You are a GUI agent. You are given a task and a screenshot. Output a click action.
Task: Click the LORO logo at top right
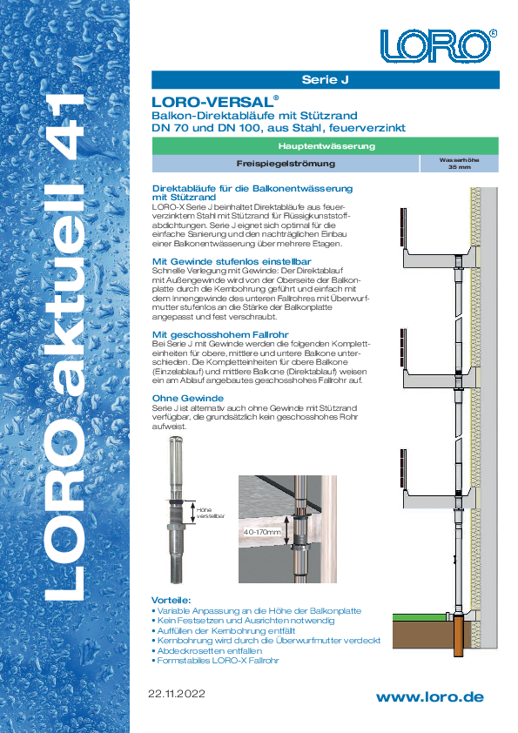point(438,46)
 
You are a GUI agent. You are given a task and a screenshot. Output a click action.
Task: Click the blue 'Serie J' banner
point(326,79)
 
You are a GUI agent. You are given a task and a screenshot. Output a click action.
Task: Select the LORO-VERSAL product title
point(215,102)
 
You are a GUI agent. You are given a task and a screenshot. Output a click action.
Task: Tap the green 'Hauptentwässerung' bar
point(326,146)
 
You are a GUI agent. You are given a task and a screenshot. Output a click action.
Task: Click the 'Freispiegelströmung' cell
point(286,164)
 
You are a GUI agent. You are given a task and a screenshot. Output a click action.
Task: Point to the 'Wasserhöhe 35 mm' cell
point(459,164)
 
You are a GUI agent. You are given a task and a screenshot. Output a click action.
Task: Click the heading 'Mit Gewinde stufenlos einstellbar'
point(232,261)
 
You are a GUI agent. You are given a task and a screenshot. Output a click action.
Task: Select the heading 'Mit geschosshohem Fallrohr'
point(220,334)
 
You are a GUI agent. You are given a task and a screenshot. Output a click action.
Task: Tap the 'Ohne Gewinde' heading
point(188,399)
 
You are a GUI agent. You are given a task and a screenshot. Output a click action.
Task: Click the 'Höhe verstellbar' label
point(210,513)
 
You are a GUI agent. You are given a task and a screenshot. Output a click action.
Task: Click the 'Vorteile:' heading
point(172,600)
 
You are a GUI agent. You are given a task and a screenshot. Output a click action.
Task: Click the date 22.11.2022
point(177,694)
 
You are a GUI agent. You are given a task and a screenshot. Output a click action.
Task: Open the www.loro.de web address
point(430,697)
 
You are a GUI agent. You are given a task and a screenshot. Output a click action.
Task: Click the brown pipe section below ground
point(458,635)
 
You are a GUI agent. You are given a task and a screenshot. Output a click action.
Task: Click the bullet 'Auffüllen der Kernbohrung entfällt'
point(225,630)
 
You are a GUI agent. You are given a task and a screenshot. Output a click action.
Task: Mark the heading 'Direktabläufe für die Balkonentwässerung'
point(252,188)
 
